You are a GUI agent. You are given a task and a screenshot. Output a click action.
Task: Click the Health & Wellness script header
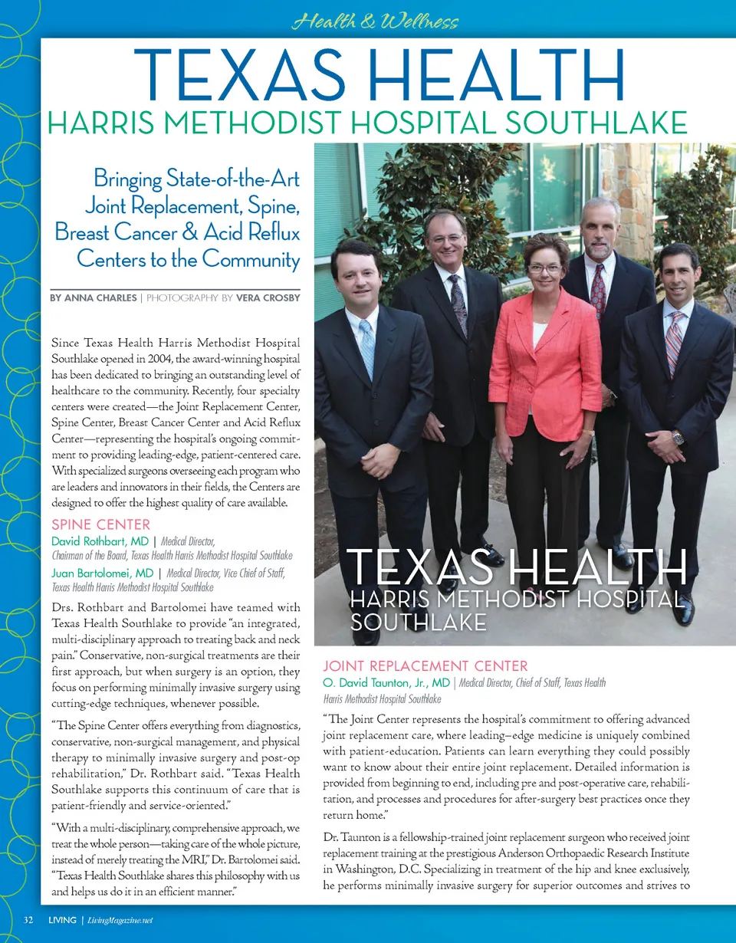coord(376,21)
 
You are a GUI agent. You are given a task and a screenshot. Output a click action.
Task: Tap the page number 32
coord(29,919)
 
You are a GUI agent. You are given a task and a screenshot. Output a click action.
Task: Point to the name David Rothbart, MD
coord(100,542)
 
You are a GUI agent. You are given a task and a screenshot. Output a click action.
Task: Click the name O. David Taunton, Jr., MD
coord(386,682)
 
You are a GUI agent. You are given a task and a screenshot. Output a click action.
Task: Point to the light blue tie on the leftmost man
coord(367,345)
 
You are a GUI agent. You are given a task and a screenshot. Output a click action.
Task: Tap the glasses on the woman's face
coord(545,268)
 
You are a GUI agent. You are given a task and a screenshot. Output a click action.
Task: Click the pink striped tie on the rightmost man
coord(674,341)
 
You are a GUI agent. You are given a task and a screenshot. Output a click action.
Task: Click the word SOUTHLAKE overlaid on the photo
coord(418,622)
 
